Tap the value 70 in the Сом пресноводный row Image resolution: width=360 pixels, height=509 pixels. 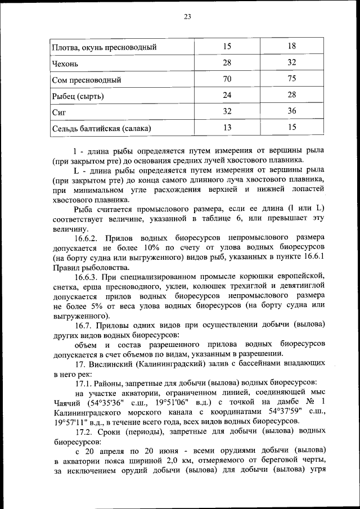pos(227,79)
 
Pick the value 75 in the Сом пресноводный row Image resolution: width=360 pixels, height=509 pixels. pos(291,79)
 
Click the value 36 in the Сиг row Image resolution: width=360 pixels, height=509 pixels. pos(291,111)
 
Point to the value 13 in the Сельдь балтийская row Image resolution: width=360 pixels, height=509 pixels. pos(227,128)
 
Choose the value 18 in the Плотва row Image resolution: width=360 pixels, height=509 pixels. pos(291,47)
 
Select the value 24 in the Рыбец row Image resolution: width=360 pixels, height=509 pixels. pos(227,96)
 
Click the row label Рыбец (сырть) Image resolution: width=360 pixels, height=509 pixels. pos(77,96)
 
